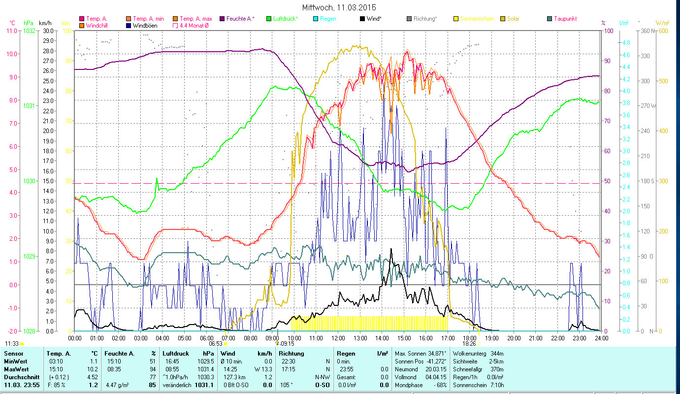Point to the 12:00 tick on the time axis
(338, 338)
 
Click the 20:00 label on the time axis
(514, 338)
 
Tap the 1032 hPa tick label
(29, 31)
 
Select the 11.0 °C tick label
(11, 31)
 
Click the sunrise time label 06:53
(216, 344)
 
